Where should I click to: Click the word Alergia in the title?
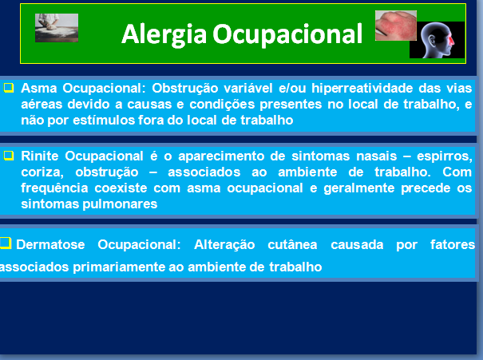point(164,35)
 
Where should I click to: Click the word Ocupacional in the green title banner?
point(287,34)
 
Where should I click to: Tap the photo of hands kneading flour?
point(57,28)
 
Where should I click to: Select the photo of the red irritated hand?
point(396,26)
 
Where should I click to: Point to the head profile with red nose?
point(437,40)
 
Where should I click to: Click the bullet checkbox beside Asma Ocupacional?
point(9,88)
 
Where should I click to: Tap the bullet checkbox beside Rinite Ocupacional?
point(9,156)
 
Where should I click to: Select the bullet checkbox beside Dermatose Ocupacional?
point(6,243)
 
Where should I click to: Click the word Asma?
point(39,89)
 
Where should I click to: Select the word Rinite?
point(40,156)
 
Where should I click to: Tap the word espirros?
point(445,156)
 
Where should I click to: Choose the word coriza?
point(42,172)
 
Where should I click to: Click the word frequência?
point(54,188)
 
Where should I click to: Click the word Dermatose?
point(50,245)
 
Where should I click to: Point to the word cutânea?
point(292,245)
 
